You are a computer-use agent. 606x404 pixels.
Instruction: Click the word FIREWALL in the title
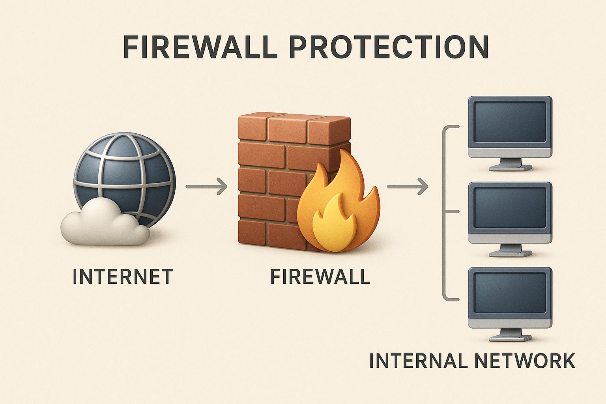tap(200, 47)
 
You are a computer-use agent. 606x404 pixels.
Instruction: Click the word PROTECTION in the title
tap(389, 47)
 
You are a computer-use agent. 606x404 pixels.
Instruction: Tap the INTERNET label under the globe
tap(123, 277)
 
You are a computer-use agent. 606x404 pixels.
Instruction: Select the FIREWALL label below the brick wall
tap(320, 277)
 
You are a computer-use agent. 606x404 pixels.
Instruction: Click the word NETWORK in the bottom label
tap(525, 361)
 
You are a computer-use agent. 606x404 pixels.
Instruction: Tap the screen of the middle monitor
tap(510, 208)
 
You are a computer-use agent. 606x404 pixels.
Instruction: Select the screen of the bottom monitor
tap(510, 293)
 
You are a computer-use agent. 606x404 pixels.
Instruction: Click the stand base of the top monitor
tap(511, 168)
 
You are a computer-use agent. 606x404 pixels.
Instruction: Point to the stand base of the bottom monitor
tap(511, 338)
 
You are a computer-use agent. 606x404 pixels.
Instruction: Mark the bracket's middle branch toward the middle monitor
tap(453, 211)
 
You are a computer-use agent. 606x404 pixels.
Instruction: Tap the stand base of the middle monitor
tap(511, 253)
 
